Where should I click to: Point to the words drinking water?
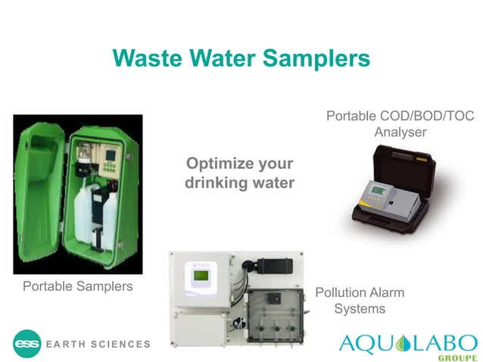239,183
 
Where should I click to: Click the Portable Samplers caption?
77,286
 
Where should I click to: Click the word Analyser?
400,133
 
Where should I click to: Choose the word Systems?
360,308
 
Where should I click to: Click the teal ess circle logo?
26,344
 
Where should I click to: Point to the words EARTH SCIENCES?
98,345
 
